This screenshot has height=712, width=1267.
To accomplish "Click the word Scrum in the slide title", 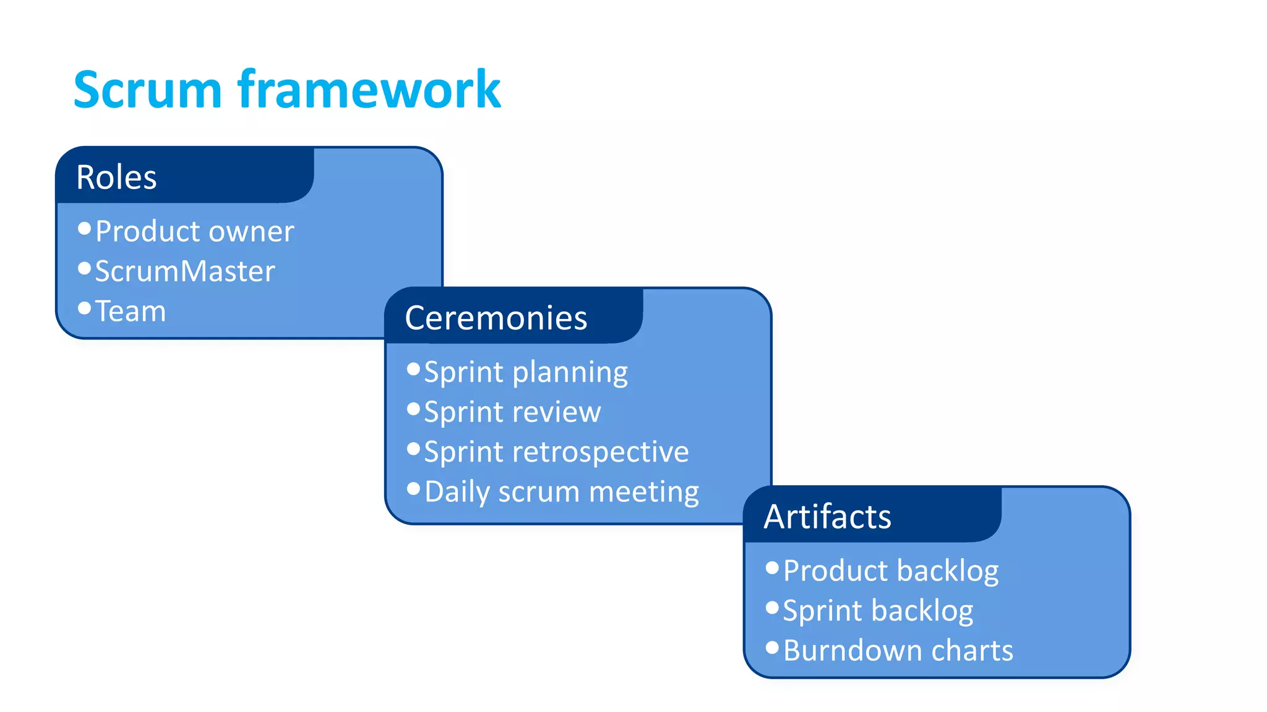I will (x=147, y=90).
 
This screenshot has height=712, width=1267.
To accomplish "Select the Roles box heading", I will (x=116, y=177).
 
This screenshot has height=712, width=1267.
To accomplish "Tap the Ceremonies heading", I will (x=496, y=318).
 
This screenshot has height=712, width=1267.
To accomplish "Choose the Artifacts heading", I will (x=827, y=517).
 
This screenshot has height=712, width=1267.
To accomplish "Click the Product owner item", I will (x=194, y=231).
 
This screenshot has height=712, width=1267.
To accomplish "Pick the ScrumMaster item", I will (x=184, y=271).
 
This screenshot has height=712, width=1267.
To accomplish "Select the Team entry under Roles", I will (x=131, y=311).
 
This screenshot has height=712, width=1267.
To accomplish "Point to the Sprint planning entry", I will (x=526, y=372).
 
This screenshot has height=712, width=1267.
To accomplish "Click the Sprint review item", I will (x=512, y=412).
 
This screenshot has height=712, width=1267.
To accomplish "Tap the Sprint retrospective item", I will (x=556, y=452).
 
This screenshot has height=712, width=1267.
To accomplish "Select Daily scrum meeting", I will (x=562, y=492).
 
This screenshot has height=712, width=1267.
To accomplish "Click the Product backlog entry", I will (x=891, y=570).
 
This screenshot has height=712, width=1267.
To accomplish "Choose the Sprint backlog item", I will (x=878, y=611).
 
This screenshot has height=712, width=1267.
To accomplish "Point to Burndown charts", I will (x=898, y=650).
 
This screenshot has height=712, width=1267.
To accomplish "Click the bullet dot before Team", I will (x=85, y=308).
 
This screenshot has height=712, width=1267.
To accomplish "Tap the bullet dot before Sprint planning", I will (x=414, y=369).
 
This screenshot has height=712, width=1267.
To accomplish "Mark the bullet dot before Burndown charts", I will (x=772, y=647).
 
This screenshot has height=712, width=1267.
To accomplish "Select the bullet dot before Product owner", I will (x=85, y=229).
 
